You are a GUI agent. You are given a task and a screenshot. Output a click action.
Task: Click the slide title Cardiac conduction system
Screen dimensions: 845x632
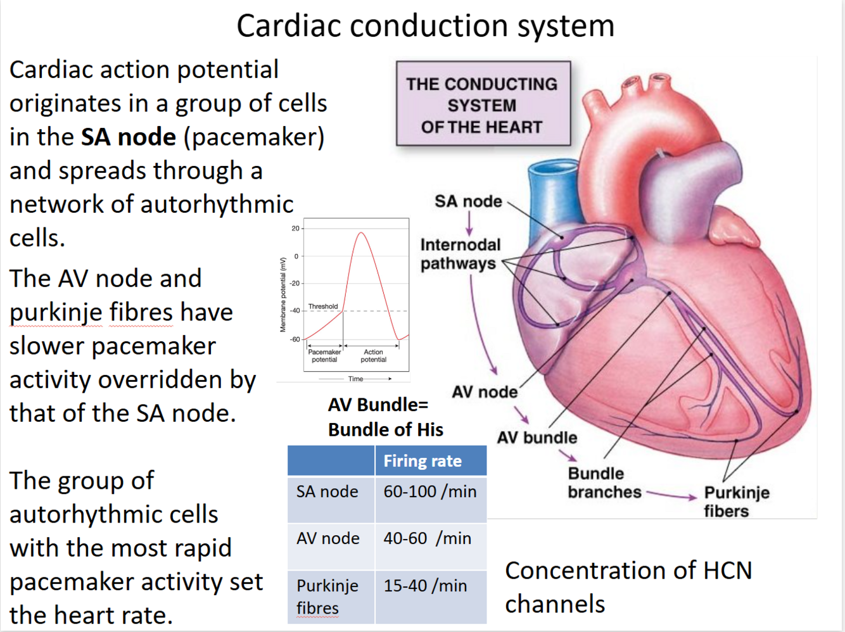click(425, 27)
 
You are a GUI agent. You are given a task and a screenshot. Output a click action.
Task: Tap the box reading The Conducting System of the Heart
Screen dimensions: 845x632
click(483, 104)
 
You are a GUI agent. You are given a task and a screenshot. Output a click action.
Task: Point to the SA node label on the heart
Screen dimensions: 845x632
click(468, 201)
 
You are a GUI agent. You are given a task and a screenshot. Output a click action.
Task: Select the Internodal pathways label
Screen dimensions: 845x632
click(460, 254)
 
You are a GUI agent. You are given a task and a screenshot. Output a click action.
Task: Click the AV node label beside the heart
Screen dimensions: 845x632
click(484, 392)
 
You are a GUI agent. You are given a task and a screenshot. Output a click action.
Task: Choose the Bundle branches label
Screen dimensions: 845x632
click(604, 483)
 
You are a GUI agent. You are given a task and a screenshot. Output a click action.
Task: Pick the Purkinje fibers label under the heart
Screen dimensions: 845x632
click(736, 502)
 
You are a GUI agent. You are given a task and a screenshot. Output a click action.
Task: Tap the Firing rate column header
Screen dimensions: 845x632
click(422, 461)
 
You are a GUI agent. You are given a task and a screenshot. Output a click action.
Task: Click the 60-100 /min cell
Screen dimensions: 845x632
click(430, 491)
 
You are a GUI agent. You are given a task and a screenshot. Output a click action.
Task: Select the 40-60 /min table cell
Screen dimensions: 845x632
click(428, 538)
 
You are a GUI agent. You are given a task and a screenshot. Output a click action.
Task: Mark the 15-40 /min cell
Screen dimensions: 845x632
click(425, 586)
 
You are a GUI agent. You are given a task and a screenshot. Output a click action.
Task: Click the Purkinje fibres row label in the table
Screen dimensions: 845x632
click(327, 597)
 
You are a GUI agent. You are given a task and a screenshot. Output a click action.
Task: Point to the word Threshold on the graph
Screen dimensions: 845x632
click(323, 307)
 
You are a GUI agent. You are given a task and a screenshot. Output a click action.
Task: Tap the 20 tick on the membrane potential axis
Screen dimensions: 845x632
click(295, 229)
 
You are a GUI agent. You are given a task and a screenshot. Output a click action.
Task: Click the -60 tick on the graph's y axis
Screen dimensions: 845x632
click(295, 339)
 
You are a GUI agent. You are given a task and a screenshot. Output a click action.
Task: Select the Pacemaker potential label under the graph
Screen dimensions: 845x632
click(324, 356)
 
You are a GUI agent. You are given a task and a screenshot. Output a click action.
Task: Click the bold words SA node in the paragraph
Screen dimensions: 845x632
click(129, 137)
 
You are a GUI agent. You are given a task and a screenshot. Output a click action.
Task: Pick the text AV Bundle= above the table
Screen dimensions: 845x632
click(378, 405)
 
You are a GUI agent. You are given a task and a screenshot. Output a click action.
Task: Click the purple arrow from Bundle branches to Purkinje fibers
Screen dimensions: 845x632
click(671, 495)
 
